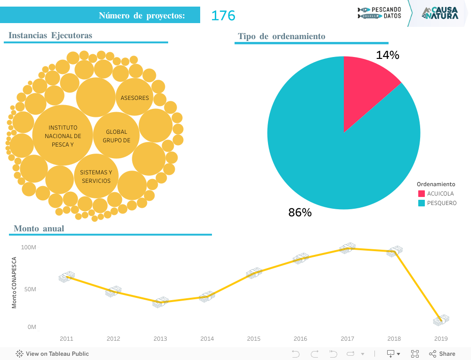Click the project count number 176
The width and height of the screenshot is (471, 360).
[223, 16]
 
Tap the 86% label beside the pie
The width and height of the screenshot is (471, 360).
[300, 213]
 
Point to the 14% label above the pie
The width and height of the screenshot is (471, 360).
[388, 55]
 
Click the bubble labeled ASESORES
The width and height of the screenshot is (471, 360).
[135, 98]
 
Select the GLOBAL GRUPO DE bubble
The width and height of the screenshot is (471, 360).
[116, 136]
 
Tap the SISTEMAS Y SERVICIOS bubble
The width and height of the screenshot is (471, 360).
[96, 176]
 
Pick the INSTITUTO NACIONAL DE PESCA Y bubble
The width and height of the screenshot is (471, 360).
[63, 136]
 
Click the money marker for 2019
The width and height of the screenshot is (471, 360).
[441, 320]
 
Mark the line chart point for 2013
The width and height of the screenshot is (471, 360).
[161, 302]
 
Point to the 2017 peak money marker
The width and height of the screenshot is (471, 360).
[348, 248]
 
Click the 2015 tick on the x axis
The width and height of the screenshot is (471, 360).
[254, 338]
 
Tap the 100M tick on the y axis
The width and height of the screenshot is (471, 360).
[29, 247]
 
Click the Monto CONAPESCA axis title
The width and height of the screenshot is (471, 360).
[14, 283]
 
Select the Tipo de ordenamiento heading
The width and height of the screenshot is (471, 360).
[281, 36]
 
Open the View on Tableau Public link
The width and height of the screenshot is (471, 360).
[52, 353]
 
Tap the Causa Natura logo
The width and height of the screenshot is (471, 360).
[439, 13]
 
